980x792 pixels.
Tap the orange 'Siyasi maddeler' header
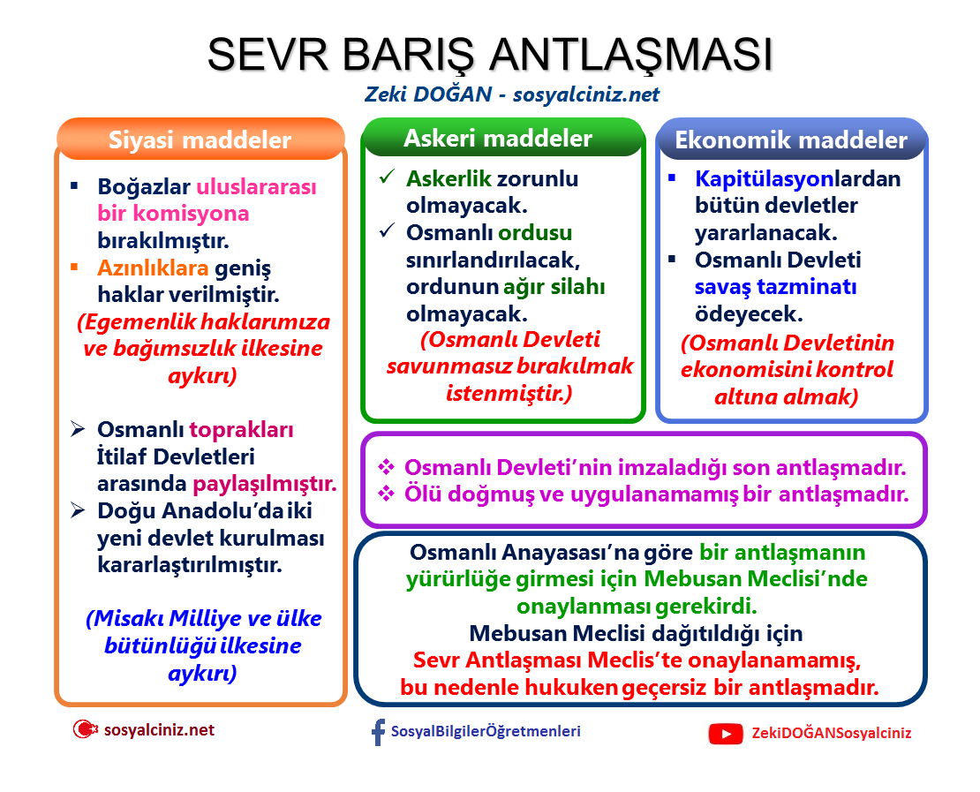tap(200, 140)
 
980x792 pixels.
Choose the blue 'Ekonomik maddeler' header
tap(791, 140)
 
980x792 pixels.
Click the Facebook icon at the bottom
tap(378, 732)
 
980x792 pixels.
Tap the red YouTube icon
tap(726, 733)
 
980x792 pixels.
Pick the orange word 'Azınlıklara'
tap(153, 268)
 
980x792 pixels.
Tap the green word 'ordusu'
tap(535, 233)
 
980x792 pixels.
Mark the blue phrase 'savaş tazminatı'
tap(775, 287)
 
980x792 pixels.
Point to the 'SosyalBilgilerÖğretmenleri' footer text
tap(486, 731)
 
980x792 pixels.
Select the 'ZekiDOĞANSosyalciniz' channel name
tap(832, 733)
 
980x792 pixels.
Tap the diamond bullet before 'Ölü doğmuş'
tap(385, 494)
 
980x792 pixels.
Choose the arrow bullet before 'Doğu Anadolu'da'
tap(79, 511)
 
